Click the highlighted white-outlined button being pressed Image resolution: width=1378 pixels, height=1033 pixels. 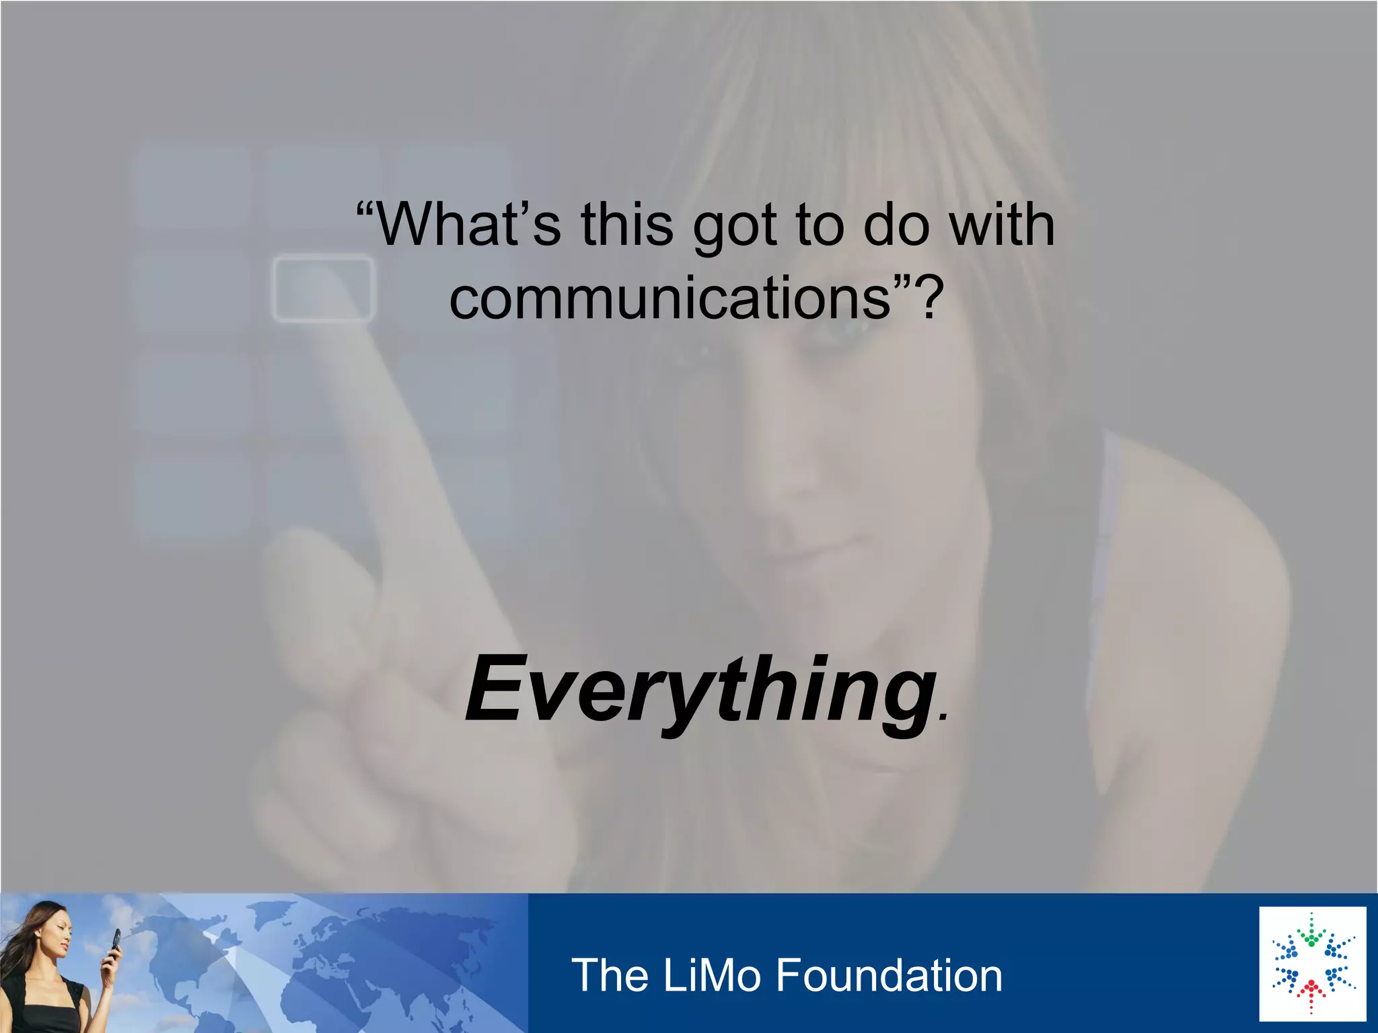click(x=322, y=288)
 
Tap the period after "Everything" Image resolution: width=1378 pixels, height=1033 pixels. click(x=943, y=717)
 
